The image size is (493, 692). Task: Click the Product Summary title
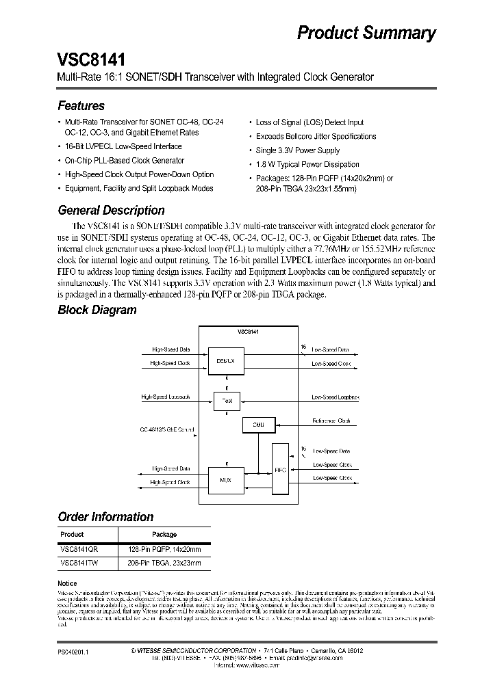coord(366,33)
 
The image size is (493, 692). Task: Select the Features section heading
coord(81,106)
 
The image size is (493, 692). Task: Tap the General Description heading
coord(111,211)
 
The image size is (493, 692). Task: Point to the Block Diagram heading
coord(97,310)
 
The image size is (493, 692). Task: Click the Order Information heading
coord(105,517)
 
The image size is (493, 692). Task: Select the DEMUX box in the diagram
coord(225,360)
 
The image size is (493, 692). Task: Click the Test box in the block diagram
coord(227,401)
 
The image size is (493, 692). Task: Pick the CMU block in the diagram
coord(258,425)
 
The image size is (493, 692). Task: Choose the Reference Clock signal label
coord(331,421)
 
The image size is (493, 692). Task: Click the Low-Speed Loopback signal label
coord(336,397)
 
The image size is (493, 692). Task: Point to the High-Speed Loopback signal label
coord(166,397)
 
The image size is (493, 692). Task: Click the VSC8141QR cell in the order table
coord(78,549)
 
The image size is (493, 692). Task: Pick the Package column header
coord(164,535)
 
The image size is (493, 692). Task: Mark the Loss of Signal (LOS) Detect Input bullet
coord(310,122)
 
